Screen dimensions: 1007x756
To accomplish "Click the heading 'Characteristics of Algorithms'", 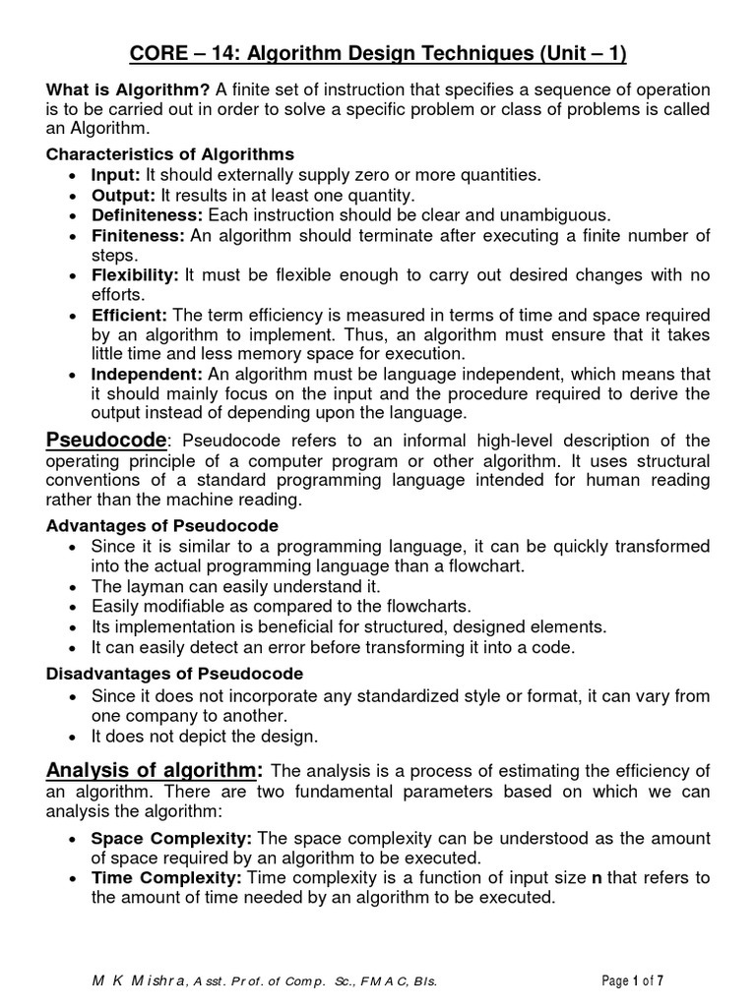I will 170,154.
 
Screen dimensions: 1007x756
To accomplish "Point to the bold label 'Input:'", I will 115,174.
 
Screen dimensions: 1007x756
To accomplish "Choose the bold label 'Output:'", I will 122,195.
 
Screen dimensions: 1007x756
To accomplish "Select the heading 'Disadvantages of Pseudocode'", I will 175,674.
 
